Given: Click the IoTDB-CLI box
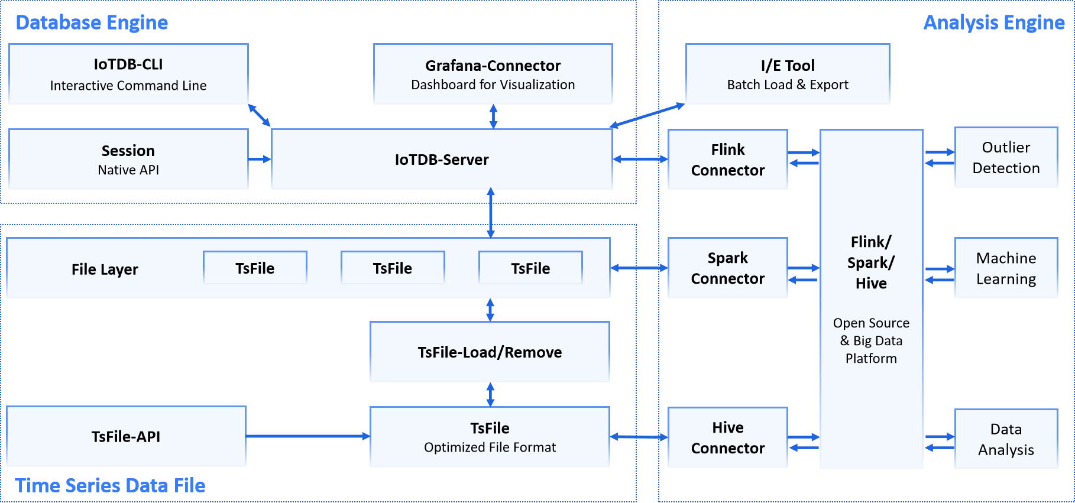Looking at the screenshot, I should tap(128, 74).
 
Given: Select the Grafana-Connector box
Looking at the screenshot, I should tap(493, 74).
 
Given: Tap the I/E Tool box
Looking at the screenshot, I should tap(787, 74).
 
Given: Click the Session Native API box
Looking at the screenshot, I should tap(128, 159).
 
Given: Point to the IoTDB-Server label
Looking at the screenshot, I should tap(442, 160).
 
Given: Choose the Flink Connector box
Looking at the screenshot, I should tap(727, 160).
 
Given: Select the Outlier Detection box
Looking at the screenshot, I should tap(1006, 157).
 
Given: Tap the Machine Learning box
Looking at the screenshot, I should tap(1006, 268).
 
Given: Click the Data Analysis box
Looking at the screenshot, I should tap(1006, 439).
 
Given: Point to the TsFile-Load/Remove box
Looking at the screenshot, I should tap(490, 352).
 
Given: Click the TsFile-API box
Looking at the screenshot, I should tap(126, 436).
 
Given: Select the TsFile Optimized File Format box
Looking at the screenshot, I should tap(490, 437).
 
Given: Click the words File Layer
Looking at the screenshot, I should tap(105, 270).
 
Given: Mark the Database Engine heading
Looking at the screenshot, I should tap(92, 22).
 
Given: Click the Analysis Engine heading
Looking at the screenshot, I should tap(993, 22).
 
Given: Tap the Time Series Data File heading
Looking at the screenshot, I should tap(110, 485).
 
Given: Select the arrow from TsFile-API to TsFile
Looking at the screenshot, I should tap(307, 436).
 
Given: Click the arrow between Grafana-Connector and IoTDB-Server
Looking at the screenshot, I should tap(493, 116).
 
